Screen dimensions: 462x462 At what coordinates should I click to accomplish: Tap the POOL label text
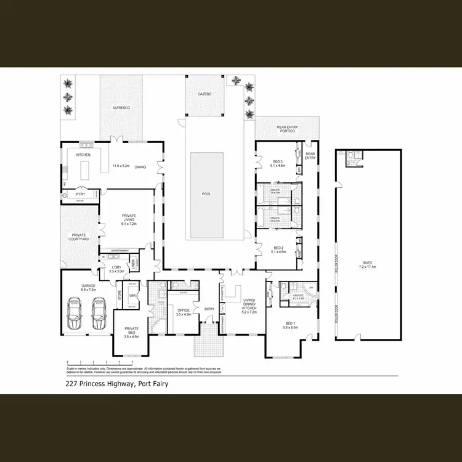pyautogui.click(x=206, y=194)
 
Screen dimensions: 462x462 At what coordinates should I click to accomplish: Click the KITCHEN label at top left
pyautogui.click(x=83, y=155)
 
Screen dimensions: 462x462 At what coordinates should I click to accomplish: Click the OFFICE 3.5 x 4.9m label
pyautogui.click(x=182, y=312)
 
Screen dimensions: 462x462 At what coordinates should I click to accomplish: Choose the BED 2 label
pyautogui.click(x=278, y=249)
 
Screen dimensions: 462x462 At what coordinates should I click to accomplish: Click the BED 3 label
pyautogui.click(x=278, y=163)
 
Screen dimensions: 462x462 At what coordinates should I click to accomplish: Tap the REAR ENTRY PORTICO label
pyautogui.click(x=286, y=130)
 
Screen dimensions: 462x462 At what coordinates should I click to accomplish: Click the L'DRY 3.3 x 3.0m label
pyautogui.click(x=117, y=269)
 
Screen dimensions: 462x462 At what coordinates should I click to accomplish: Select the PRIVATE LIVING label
pyautogui.click(x=129, y=219)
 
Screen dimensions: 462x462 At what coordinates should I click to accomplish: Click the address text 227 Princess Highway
pyautogui.click(x=116, y=384)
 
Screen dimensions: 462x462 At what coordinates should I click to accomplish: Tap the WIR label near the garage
pyautogui.click(x=132, y=296)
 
